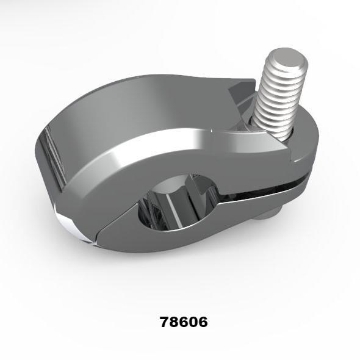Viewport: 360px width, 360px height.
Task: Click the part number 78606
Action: [183, 322]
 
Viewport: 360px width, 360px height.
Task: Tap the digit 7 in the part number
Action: [165, 322]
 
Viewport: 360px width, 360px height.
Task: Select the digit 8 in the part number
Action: [174, 322]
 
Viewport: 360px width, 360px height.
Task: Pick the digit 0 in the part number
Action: [193, 322]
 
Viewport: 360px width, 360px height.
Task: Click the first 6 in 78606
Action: [183, 322]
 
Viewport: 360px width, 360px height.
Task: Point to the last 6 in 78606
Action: [202, 322]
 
